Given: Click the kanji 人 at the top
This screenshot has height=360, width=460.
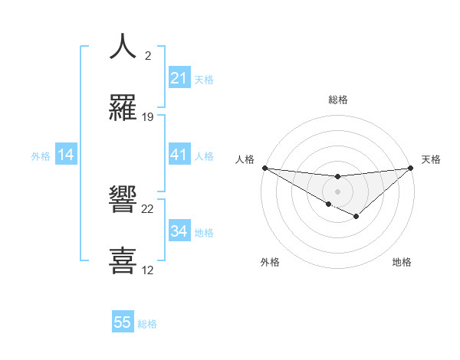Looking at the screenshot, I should coord(123,47).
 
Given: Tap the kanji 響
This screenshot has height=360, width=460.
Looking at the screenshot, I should coord(123,200).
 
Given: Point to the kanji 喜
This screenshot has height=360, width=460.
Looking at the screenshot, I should coord(123,261).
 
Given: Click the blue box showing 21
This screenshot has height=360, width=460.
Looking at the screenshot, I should coord(179,78).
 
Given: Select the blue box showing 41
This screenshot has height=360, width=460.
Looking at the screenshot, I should coord(179,155).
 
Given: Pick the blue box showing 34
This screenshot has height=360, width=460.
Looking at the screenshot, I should coord(179,231).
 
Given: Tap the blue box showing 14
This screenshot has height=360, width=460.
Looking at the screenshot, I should coord(66,155).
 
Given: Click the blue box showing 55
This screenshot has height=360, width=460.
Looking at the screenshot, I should coord(123,322).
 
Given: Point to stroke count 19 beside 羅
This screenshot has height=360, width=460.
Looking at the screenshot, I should coord(148,117).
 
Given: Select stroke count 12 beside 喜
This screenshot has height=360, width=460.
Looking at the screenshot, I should coord(148,270).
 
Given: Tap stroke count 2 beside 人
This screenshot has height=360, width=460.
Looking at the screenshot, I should coord(148,56).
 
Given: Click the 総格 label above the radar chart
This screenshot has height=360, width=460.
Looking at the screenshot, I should coord(337,100).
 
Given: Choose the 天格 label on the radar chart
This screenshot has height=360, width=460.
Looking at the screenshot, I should coord(432,159).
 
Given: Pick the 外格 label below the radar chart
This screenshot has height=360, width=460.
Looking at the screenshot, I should coord(270,262).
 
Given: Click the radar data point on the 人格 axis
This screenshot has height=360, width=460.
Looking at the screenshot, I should coord(264,167).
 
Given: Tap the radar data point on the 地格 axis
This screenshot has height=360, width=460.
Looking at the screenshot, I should coord(356,218).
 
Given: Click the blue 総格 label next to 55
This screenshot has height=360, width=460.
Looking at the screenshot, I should coord(147,323).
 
